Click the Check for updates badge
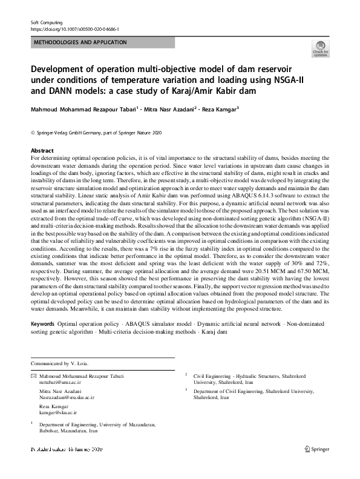click(x=320, y=49)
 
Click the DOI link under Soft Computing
click(x=74, y=28)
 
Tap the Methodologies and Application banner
click(x=79, y=42)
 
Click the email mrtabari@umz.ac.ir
click(x=59, y=383)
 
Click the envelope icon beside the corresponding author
click(x=33, y=376)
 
